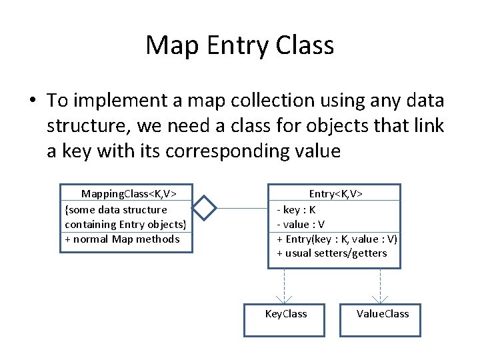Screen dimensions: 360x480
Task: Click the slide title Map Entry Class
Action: pos(239,45)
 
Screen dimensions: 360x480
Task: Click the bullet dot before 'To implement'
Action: pos(31,101)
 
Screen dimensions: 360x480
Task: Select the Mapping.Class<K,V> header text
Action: pos(129,194)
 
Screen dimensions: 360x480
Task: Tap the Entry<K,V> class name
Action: pos(335,193)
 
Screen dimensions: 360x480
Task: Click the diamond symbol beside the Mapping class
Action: pos(205,208)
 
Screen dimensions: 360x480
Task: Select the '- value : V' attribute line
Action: pos(301,224)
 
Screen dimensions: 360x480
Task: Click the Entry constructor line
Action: pos(337,239)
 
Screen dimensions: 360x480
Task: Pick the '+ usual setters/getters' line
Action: pos(331,253)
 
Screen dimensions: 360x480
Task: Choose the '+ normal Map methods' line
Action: pos(122,239)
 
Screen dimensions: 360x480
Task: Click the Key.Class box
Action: pos(285,319)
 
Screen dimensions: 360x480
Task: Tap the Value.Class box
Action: pos(383,319)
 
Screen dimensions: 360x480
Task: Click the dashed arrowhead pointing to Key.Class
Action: pos(285,299)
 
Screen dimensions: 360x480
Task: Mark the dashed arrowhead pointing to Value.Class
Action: pos(381,299)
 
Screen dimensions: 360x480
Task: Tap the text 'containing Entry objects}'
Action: pos(125,224)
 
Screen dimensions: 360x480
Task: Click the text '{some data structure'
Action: pos(116,209)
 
